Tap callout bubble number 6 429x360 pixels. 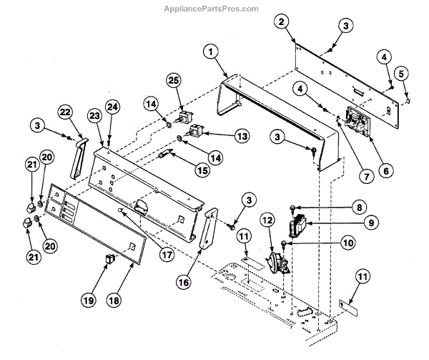(386, 171)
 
